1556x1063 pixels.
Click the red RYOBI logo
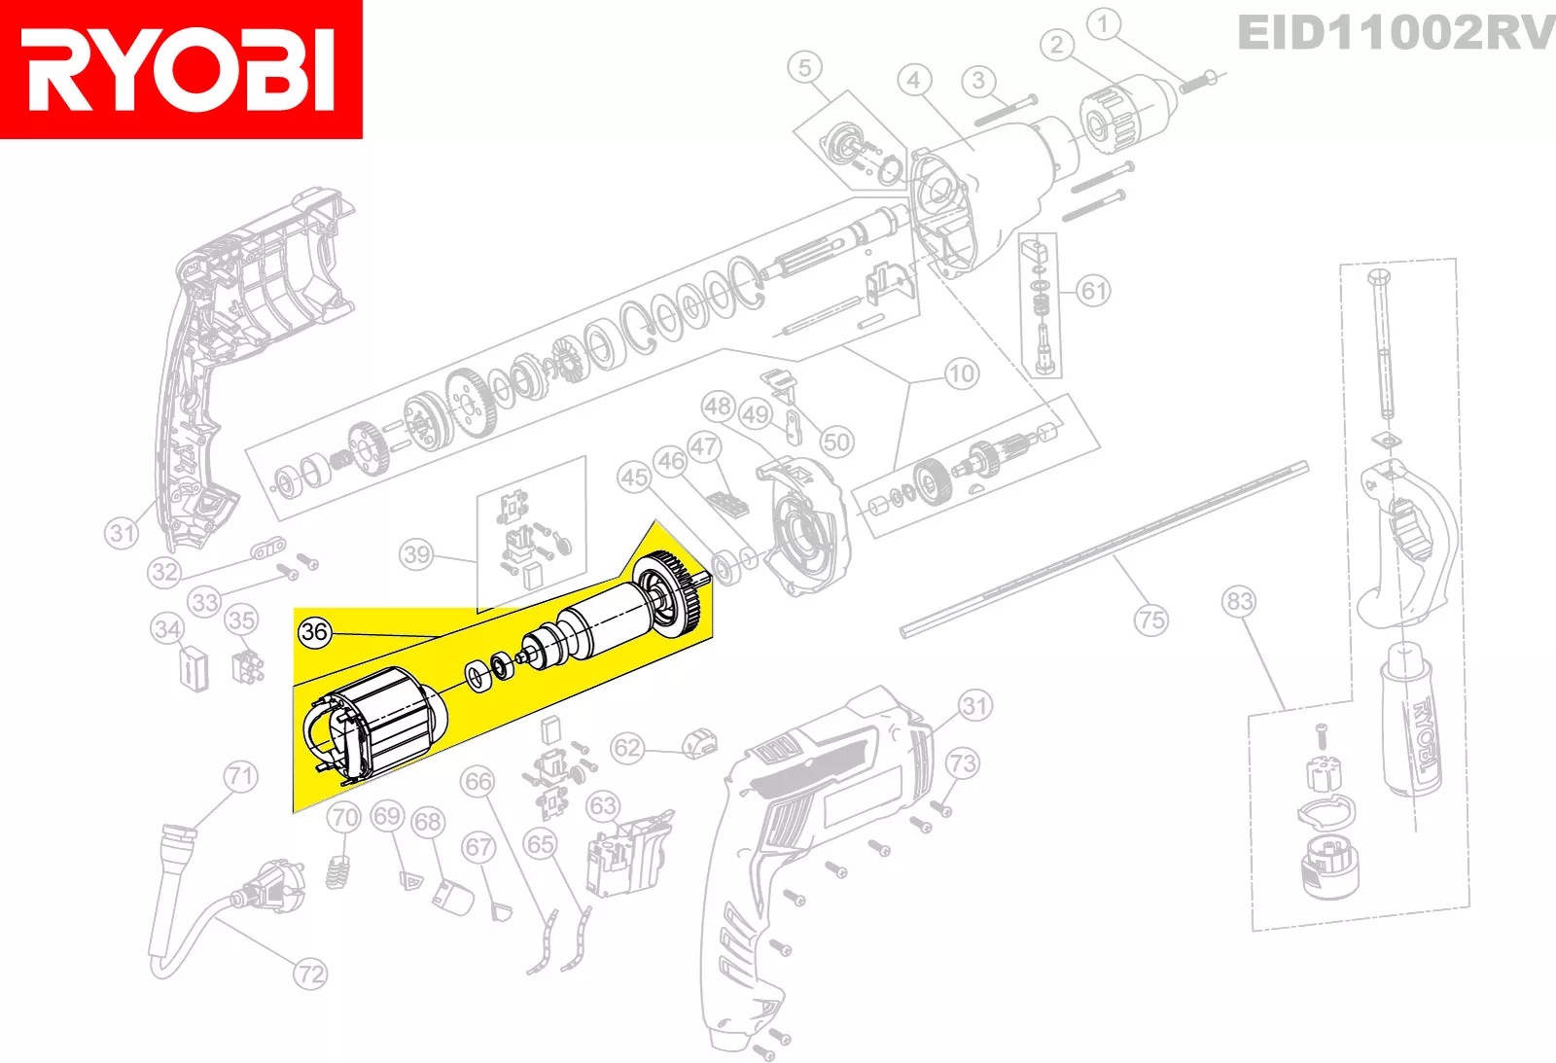(181, 69)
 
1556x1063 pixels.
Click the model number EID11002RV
(1396, 33)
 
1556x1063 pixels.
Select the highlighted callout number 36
(314, 632)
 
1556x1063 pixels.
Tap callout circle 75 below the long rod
(1150, 620)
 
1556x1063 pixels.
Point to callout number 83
(1239, 601)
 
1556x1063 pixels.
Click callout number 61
(1094, 290)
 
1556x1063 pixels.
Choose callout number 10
(961, 373)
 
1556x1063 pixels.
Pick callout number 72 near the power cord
(310, 974)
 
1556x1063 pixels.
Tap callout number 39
(416, 554)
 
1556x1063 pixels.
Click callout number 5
(804, 68)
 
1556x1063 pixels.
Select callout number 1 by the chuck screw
(1103, 23)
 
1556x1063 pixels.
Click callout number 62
(627, 748)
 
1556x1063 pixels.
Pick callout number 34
(167, 629)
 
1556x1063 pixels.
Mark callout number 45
(634, 478)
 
